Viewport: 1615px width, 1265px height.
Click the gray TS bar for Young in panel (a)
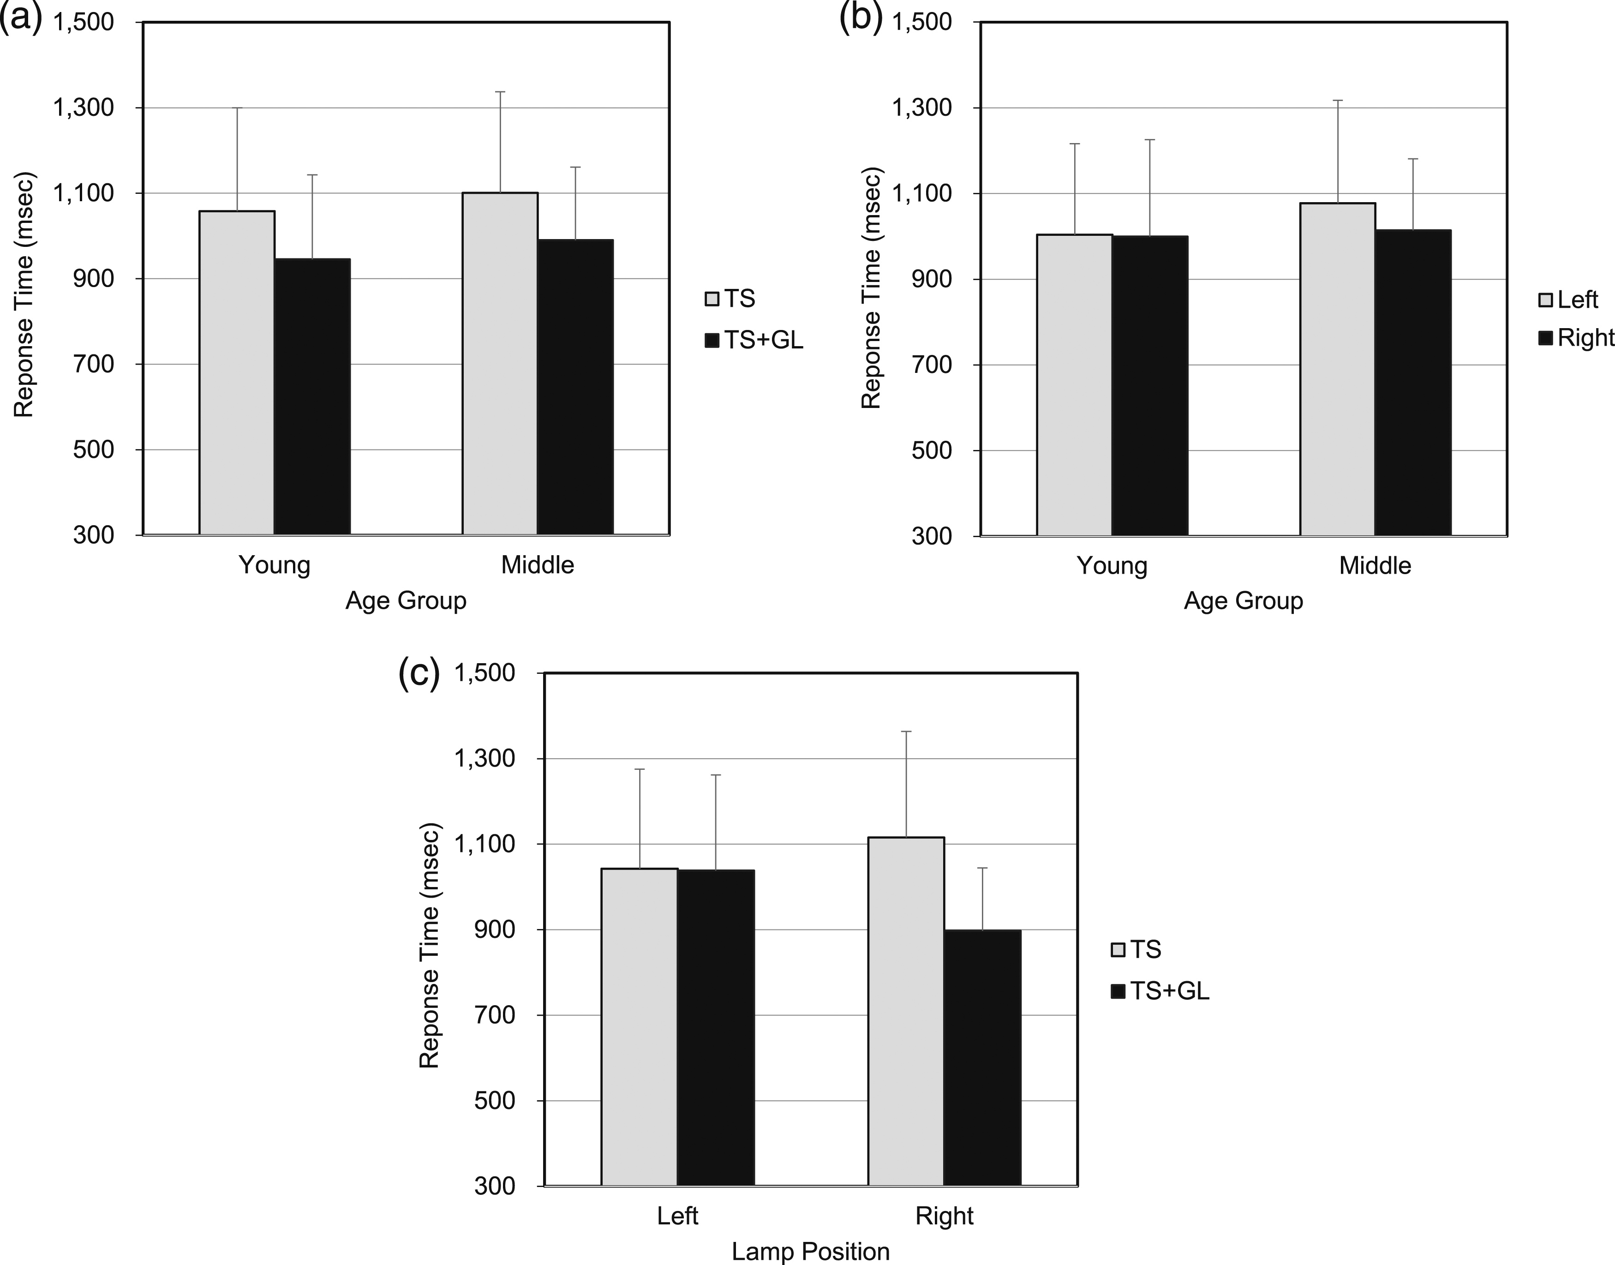point(237,372)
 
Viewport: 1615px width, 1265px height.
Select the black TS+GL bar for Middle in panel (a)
point(575,387)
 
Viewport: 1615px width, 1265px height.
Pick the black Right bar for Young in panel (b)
point(1150,385)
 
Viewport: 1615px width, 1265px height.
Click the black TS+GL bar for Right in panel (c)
point(983,1058)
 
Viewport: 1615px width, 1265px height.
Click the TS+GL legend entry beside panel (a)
point(754,340)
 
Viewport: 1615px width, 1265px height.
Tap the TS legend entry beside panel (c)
point(1136,949)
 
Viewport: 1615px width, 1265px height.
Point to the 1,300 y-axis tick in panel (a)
point(84,108)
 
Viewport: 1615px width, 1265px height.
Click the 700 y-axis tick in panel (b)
point(932,365)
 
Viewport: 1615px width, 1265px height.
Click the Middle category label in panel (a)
point(538,565)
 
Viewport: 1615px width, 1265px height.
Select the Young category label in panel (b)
point(1112,566)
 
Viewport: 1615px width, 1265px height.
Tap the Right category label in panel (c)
point(944,1216)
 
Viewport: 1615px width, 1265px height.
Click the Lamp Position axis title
point(811,1252)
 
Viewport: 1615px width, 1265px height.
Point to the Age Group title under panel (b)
point(1243,600)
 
